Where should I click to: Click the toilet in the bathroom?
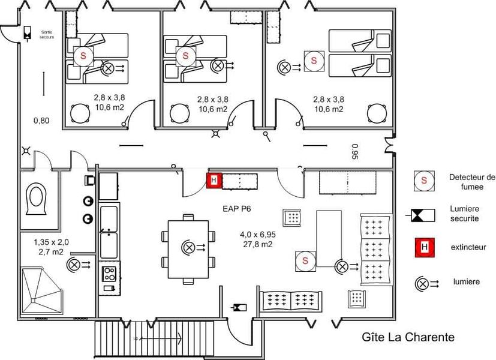click(x=37, y=199)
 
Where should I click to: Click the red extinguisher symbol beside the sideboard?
click(x=214, y=181)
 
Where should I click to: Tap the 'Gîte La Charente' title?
click(x=408, y=337)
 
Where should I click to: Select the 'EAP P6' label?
click(x=237, y=209)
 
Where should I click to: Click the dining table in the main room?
click(x=188, y=250)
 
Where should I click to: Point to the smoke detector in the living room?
click(x=305, y=261)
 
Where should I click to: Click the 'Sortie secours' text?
click(x=47, y=34)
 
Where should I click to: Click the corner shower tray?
click(x=41, y=291)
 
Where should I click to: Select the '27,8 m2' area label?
click(x=258, y=244)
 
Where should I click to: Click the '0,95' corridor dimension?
click(x=355, y=152)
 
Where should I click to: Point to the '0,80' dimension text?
click(x=41, y=121)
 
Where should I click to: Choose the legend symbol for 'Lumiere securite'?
click(x=420, y=215)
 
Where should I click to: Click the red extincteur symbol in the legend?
click(x=425, y=247)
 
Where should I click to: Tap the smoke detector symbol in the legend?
click(x=424, y=181)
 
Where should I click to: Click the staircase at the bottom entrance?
click(x=154, y=339)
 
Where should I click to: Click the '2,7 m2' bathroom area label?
click(x=51, y=252)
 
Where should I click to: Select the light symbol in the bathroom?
click(x=78, y=265)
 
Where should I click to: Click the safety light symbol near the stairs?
click(x=239, y=307)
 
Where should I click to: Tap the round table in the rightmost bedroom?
click(x=377, y=113)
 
